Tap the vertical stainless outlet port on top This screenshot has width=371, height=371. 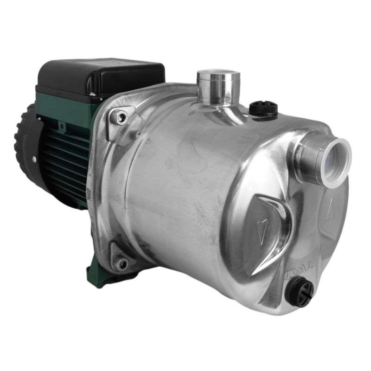click(x=218, y=88)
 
